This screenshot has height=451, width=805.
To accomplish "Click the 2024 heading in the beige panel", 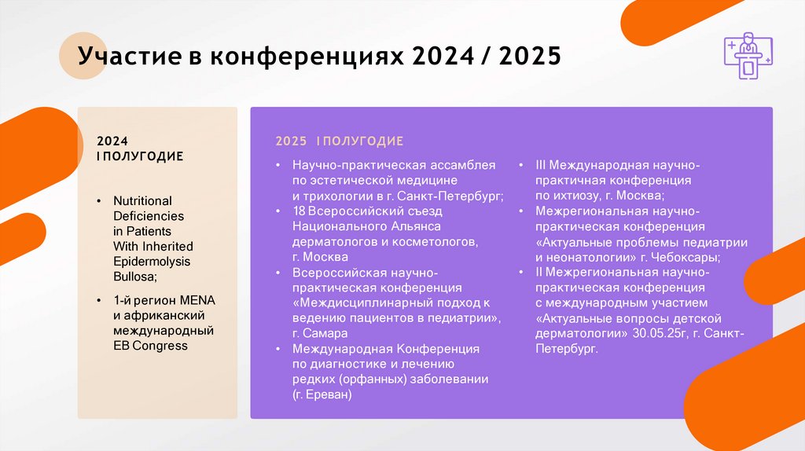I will pyautogui.click(x=112, y=141).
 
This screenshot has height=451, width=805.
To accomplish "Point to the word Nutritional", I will pyautogui.click(x=142, y=200).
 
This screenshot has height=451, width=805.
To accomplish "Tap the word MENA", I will pyautogui.click(x=197, y=301).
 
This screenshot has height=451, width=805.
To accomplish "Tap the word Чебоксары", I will pyautogui.click(x=682, y=257).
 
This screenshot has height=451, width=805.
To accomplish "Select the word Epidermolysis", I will pyautogui.click(x=152, y=261).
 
